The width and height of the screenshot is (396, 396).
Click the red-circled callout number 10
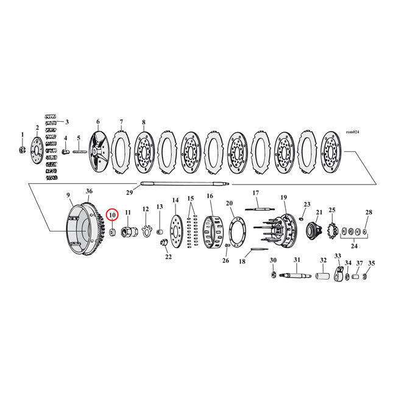point(111,214)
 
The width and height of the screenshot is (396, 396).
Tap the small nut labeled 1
point(23,149)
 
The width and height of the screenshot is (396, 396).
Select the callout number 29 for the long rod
point(129,193)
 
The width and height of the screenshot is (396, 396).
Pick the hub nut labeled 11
point(128,232)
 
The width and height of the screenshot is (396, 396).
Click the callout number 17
point(256,193)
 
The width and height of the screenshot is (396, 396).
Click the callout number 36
point(89,191)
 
